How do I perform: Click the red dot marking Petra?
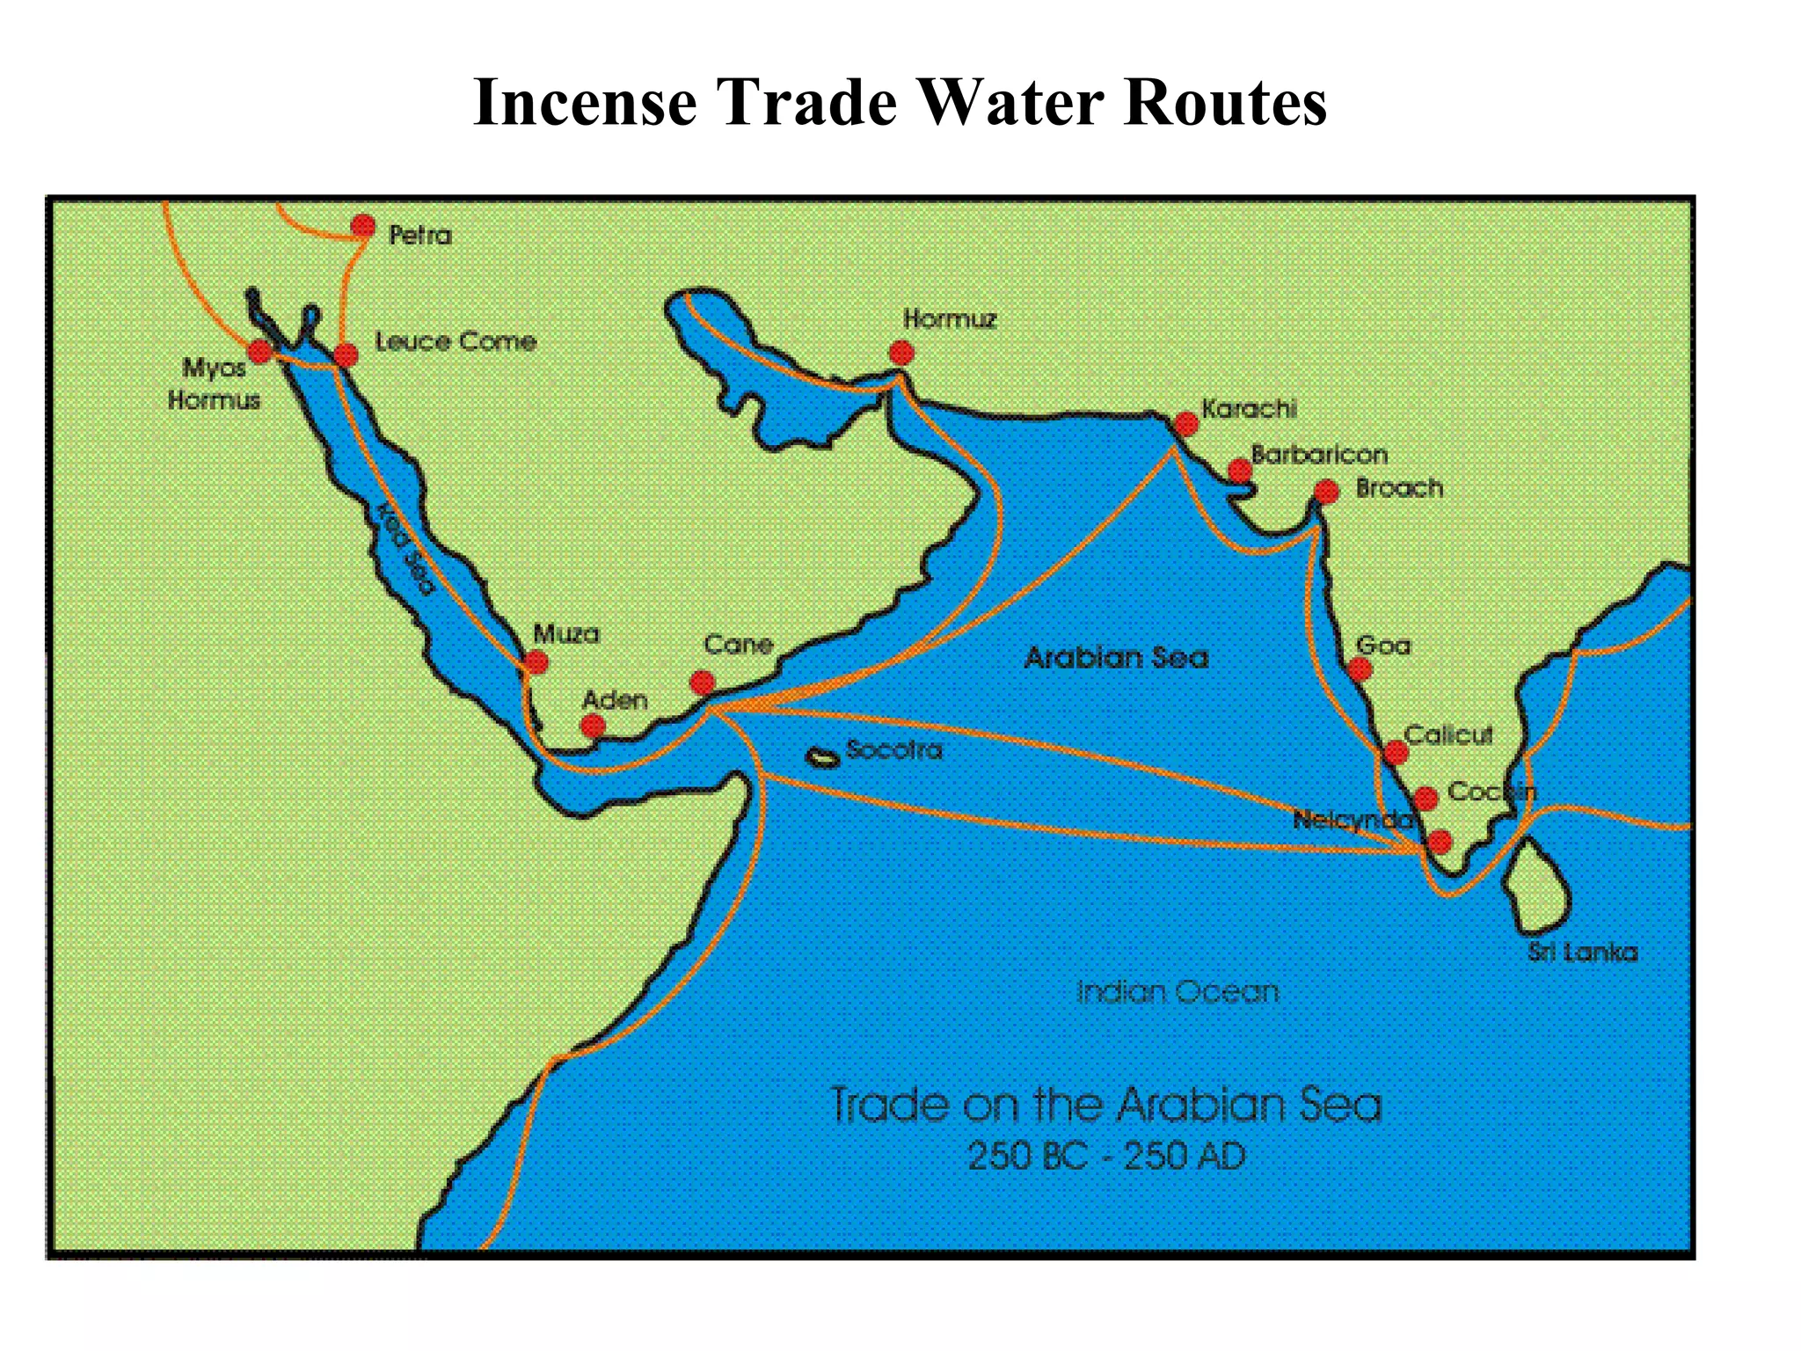click(362, 227)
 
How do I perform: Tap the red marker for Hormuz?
click(901, 353)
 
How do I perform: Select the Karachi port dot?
click(1186, 424)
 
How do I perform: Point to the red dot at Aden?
click(594, 726)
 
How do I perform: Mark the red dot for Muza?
click(536, 662)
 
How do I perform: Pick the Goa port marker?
click(1360, 670)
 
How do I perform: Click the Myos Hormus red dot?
click(260, 352)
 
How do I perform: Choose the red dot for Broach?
click(1326, 492)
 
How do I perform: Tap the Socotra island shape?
click(823, 757)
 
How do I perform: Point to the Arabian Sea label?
click(1117, 657)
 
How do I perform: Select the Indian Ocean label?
click(1178, 992)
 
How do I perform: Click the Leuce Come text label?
click(456, 341)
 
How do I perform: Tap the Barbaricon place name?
click(1319, 455)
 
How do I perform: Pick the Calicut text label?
click(1448, 734)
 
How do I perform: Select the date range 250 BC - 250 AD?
click(1106, 1156)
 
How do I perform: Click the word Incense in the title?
click(585, 103)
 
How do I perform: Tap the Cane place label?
click(738, 645)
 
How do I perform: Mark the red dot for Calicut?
click(1396, 753)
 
